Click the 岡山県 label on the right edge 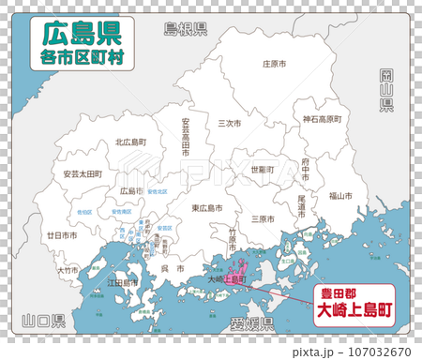385,90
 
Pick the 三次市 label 230,123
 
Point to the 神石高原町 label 322,119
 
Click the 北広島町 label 131,142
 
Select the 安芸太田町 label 83,173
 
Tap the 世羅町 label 262,170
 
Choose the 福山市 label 340,196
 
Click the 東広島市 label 207,208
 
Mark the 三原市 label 263,218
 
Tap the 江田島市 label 123,281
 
